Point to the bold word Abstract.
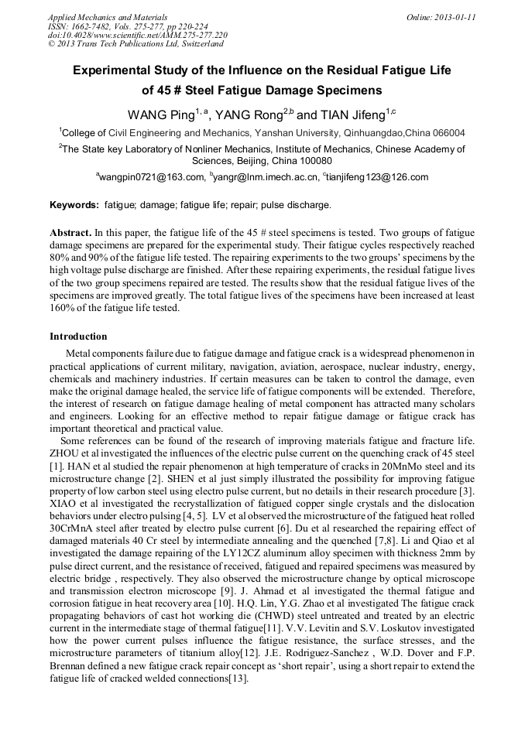click(x=70, y=233)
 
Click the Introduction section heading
click(x=78, y=337)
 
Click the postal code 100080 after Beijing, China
click(x=313, y=161)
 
